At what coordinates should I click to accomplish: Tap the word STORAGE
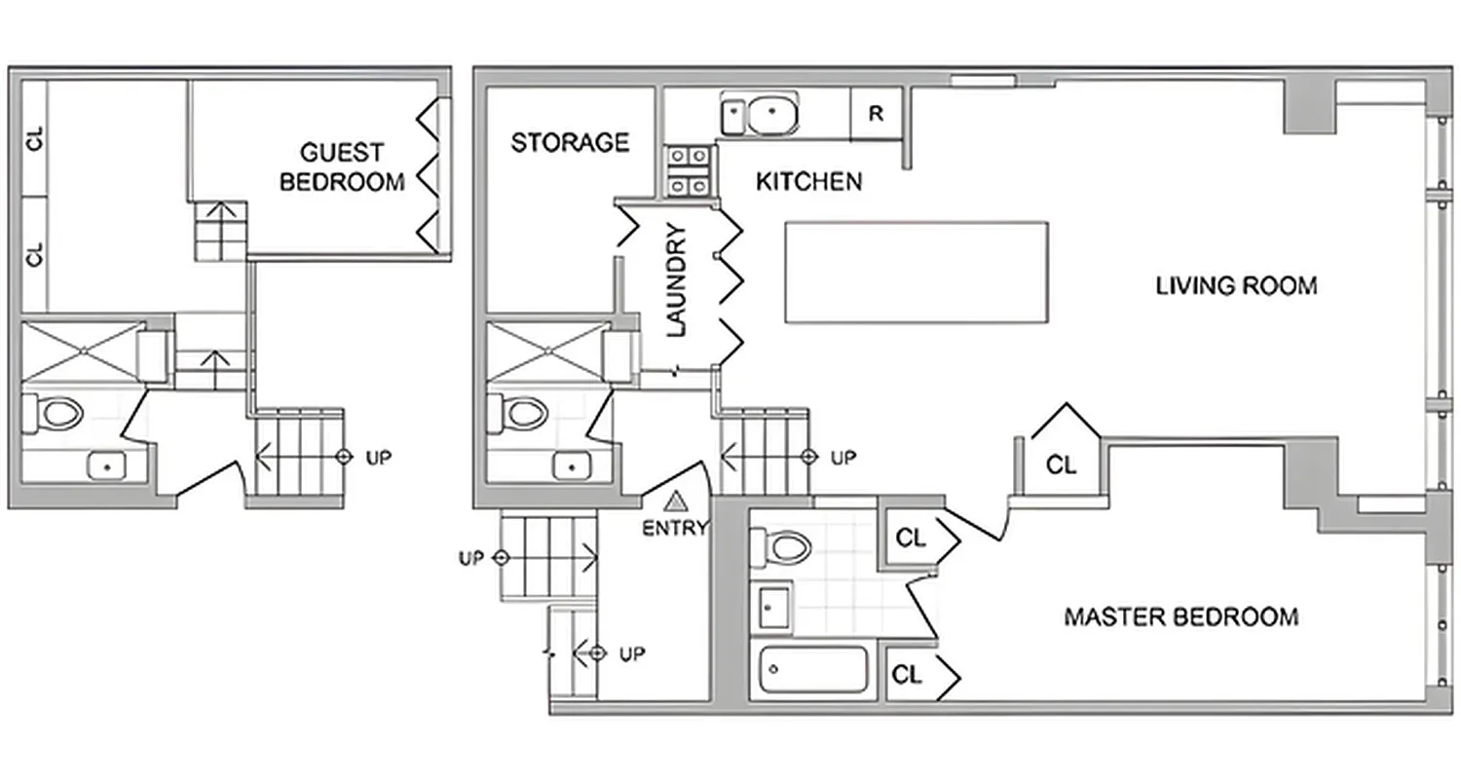(570, 143)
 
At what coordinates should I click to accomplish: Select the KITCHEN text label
(808, 181)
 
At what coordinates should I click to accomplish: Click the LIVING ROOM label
(1236, 286)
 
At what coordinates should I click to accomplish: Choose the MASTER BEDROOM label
(1180, 617)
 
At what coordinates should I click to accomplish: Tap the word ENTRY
(675, 529)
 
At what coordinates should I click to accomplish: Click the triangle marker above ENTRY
(675, 502)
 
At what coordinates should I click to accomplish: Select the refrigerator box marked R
(876, 114)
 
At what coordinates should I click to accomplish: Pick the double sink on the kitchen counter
(759, 114)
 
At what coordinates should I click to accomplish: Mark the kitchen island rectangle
(917, 272)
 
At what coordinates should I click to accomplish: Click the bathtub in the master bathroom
(812, 670)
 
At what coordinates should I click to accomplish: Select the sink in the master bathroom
(773, 609)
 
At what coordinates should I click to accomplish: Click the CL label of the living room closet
(1061, 466)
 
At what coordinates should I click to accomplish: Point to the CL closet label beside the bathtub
(907, 675)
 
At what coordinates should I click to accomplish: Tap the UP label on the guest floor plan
(378, 457)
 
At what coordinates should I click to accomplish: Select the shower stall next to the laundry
(545, 351)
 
